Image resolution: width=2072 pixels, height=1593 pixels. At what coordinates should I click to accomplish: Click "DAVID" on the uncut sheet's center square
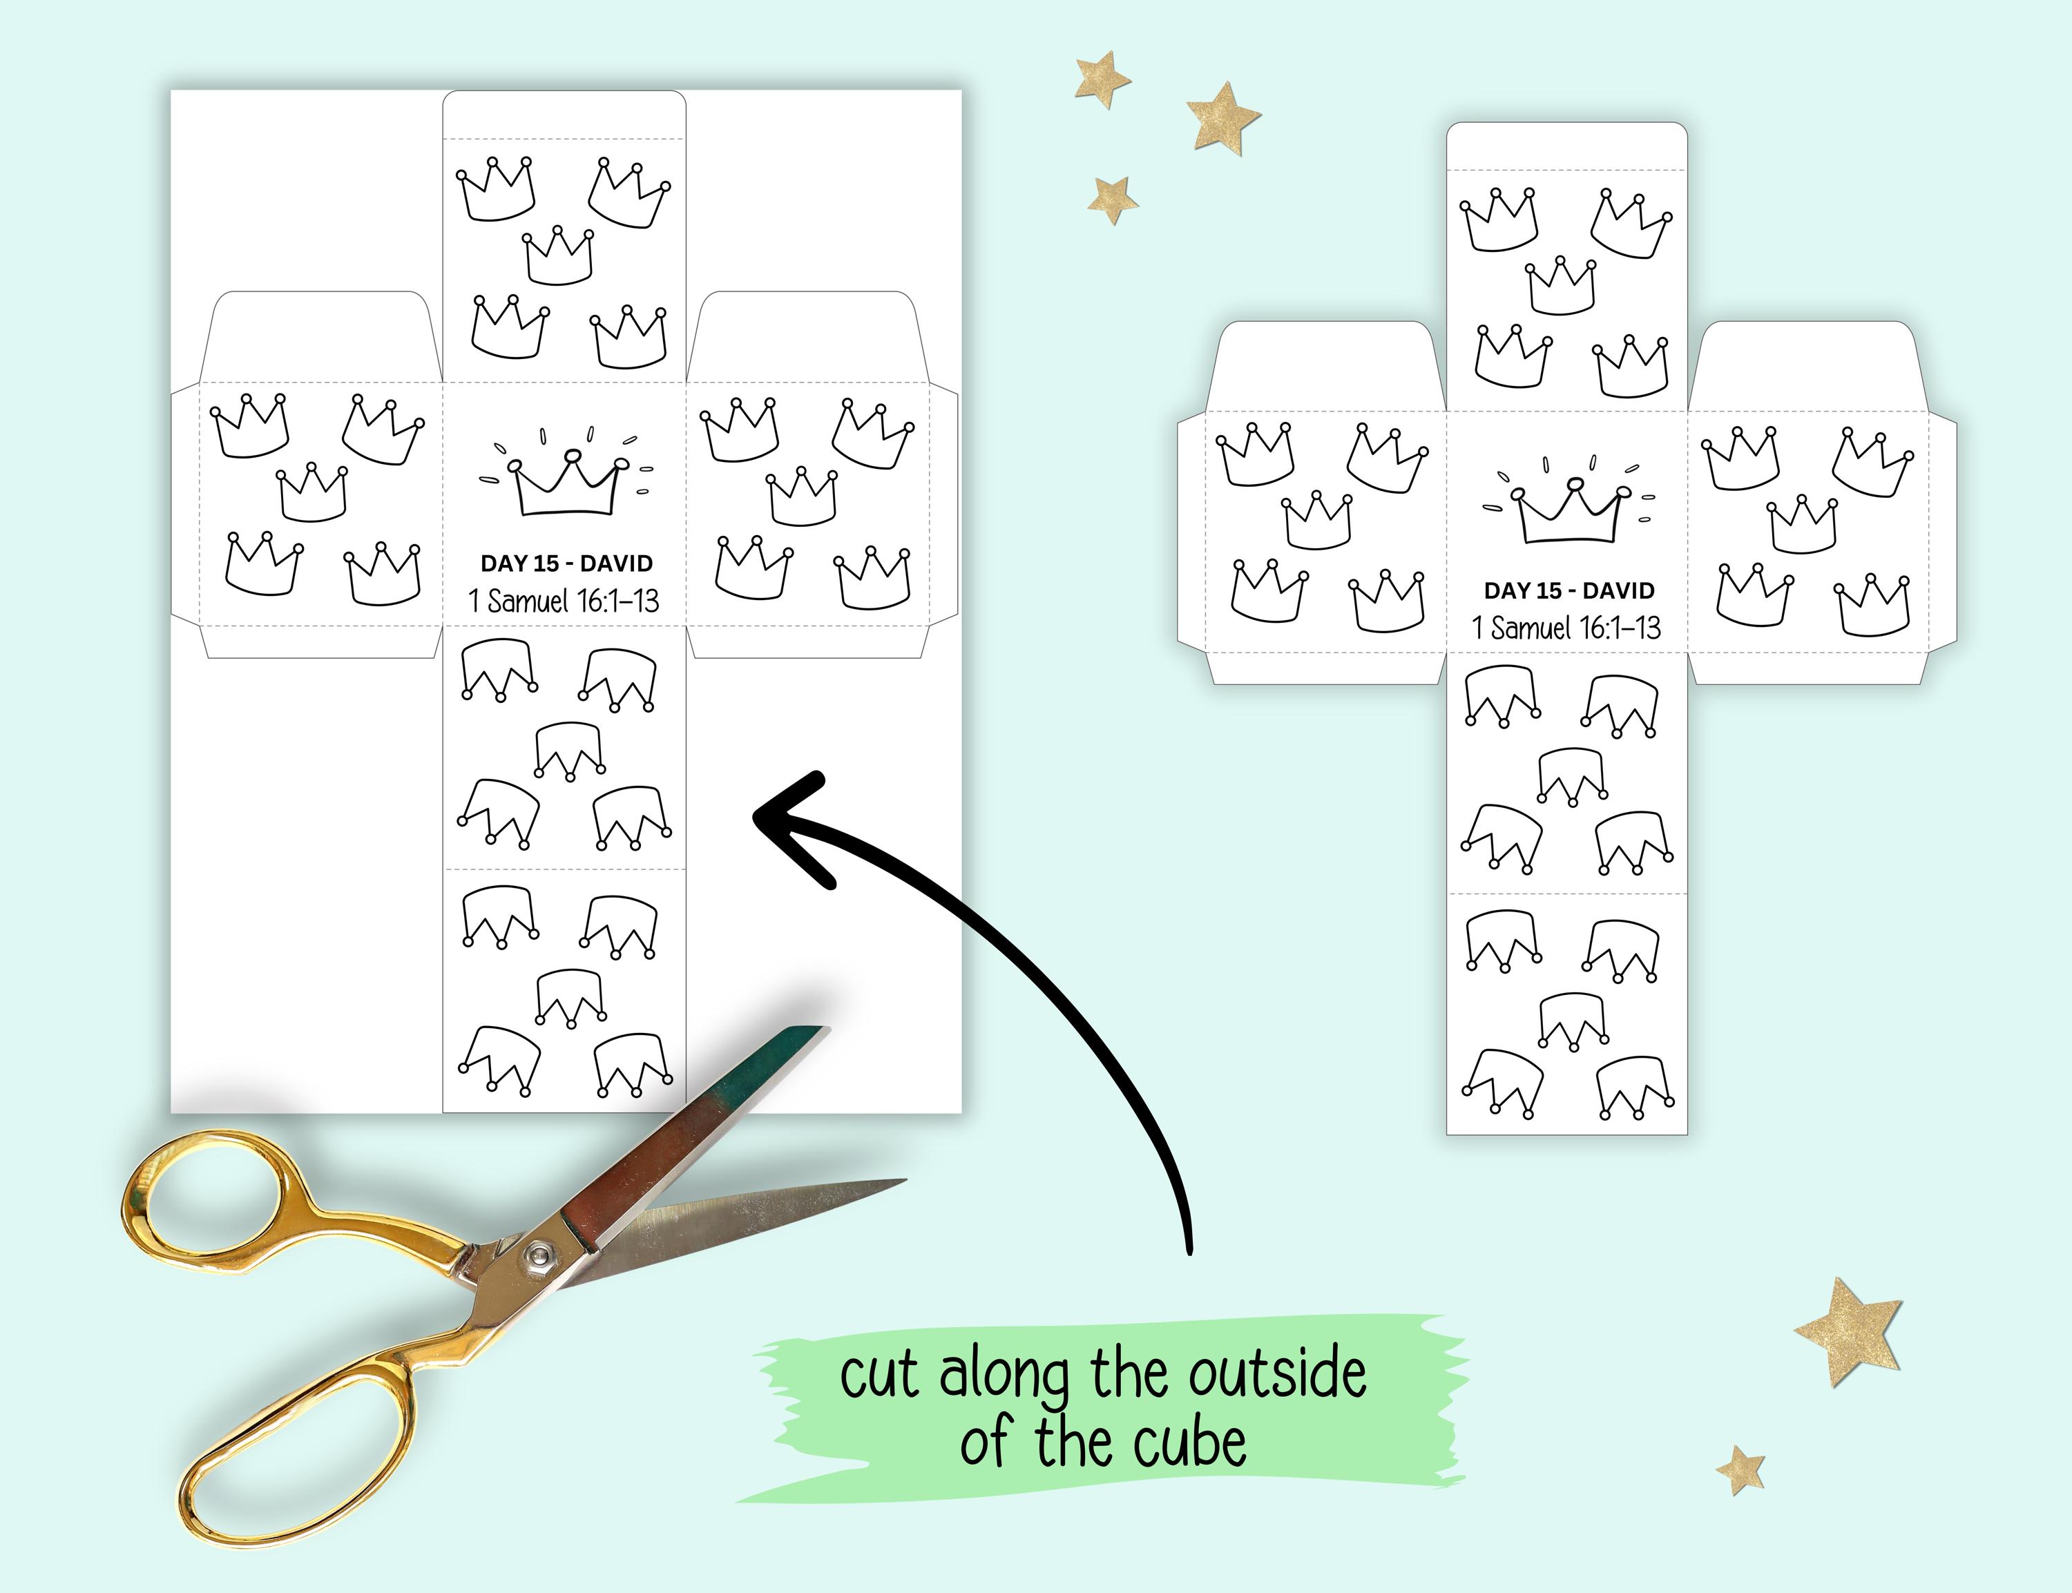pos(616,563)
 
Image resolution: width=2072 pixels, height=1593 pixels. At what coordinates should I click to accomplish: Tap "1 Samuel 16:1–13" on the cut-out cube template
pos(1566,628)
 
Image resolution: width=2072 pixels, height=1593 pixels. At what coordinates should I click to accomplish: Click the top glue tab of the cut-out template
pos(1566,146)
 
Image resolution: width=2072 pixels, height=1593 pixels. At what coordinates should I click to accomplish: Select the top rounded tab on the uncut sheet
pos(564,114)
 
